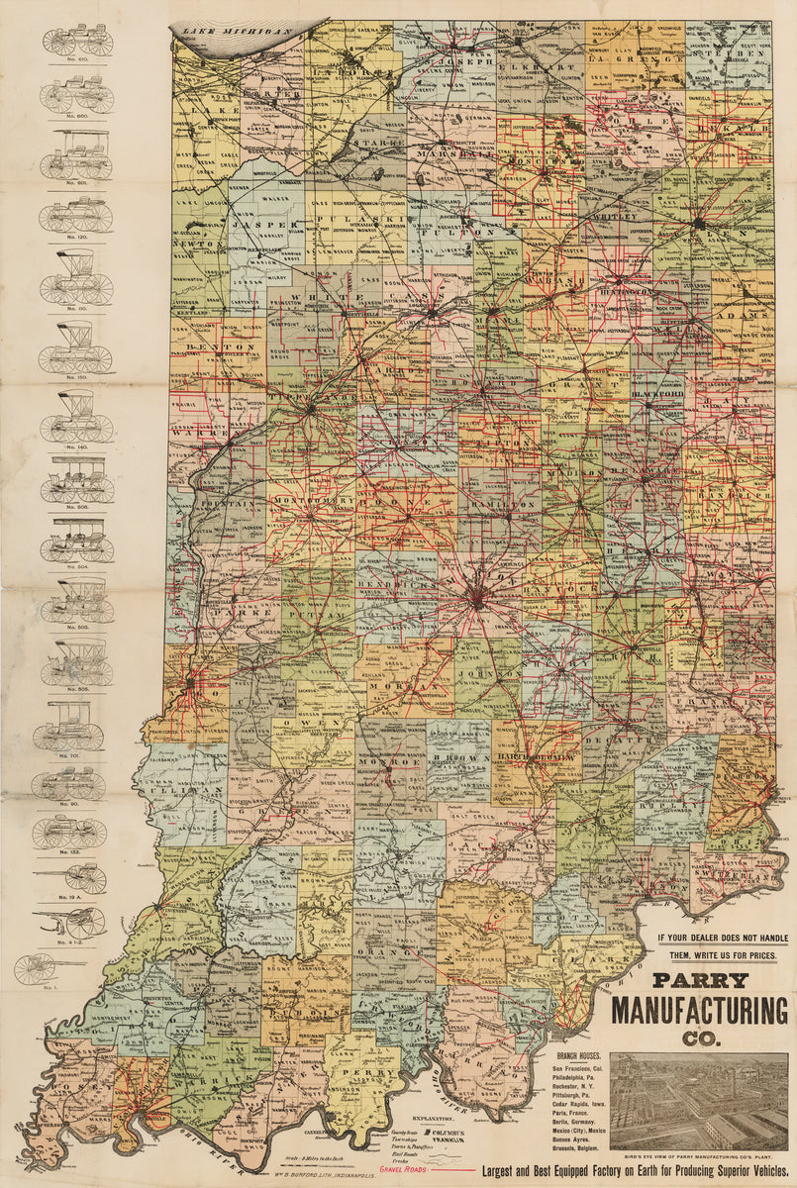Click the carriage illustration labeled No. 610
point(76,41)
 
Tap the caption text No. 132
point(68,851)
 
